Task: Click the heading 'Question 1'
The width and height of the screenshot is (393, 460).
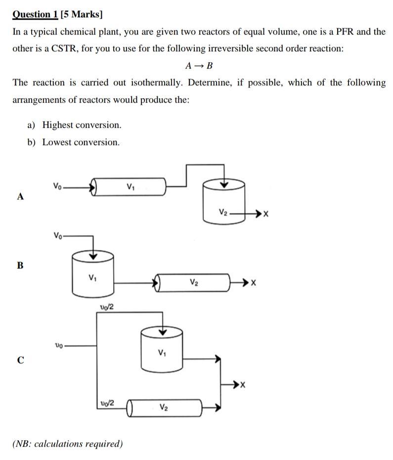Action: click(x=35, y=15)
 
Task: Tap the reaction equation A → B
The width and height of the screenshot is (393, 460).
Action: click(x=199, y=66)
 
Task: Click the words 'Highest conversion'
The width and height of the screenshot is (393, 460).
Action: click(x=82, y=125)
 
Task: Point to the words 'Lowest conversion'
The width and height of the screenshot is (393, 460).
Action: click(x=81, y=142)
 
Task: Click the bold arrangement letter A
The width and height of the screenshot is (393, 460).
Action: click(x=20, y=196)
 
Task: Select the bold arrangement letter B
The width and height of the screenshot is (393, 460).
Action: click(x=20, y=265)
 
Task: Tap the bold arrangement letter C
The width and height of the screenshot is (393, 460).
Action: click(x=20, y=360)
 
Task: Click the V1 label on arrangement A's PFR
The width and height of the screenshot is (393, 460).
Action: click(x=130, y=187)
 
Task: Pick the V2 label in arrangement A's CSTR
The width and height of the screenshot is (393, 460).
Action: click(x=223, y=213)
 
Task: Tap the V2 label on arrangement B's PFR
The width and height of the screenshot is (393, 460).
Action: click(x=194, y=282)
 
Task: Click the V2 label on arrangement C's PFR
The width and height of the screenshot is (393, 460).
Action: click(x=164, y=407)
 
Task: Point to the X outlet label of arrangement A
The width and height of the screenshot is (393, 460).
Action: click(x=266, y=214)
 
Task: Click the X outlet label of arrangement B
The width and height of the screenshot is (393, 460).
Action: click(x=254, y=283)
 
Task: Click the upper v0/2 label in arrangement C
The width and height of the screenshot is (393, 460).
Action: click(x=107, y=307)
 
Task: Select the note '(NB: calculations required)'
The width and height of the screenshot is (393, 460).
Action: click(x=67, y=444)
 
